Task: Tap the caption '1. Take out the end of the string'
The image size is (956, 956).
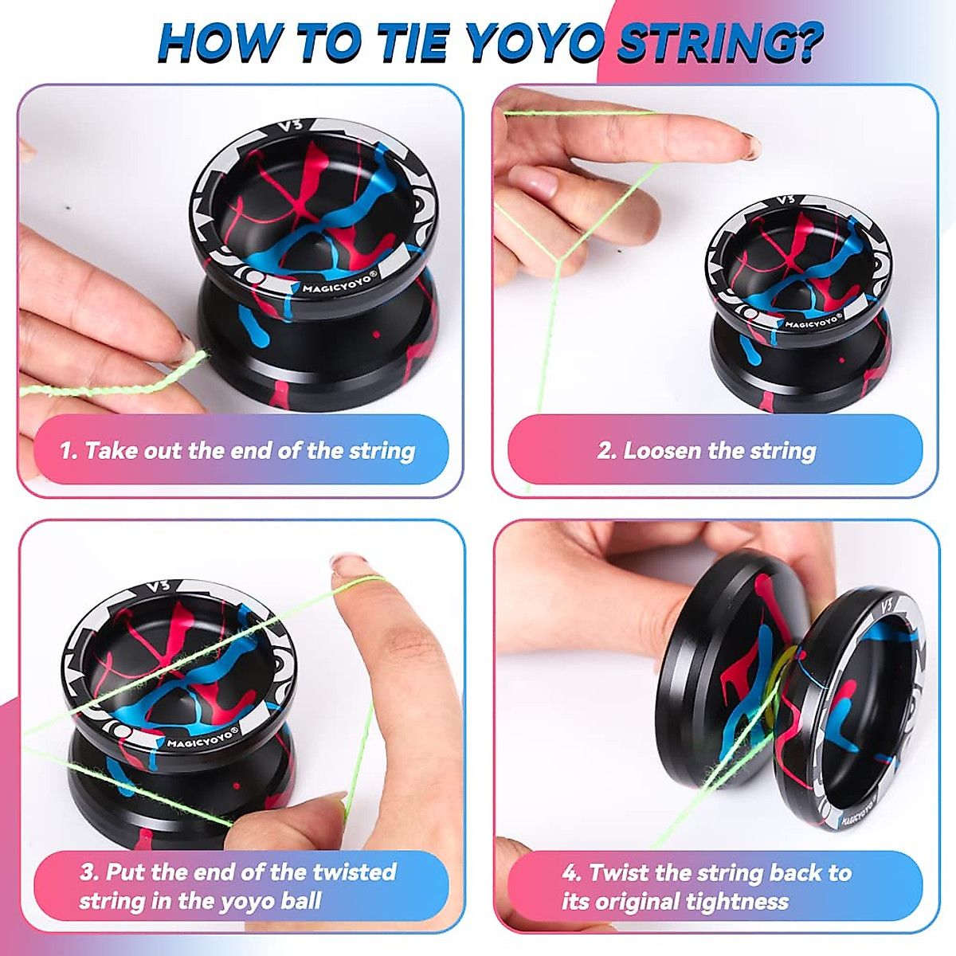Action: [x=237, y=451]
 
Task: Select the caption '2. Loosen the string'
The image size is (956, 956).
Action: [x=707, y=451]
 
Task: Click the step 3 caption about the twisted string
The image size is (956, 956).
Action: [x=237, y=886]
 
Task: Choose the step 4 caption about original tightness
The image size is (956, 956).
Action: [x=707, y=886]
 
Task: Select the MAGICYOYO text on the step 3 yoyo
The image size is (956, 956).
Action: [x=203, y=739]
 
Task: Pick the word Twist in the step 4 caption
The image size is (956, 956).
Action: [x=613, y=872]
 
